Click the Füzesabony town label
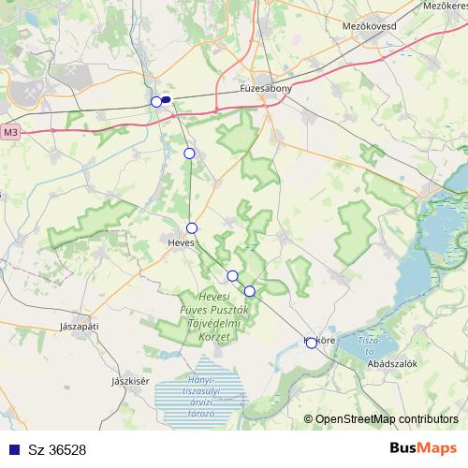(x=266, y=88)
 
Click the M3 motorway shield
(x=10, y=133)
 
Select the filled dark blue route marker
(x=166, y=99)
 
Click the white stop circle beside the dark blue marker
(x=156, y=102)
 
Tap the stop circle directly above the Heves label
(x=192, y=228)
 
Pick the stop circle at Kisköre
(x=312, y=343)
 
